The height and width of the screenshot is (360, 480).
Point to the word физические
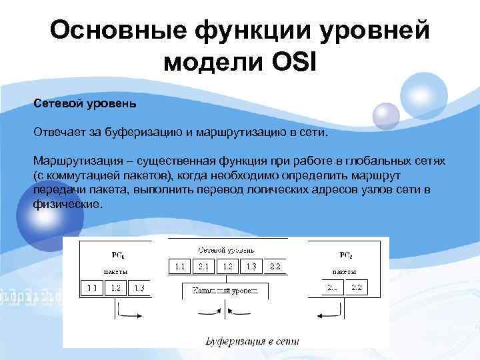pyautogui.click(x=67, y=204)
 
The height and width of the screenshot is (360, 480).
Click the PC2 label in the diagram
pyautogui.click(x=347, y=255)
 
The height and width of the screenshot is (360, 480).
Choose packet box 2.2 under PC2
pyautogui.click(x=356, y=288)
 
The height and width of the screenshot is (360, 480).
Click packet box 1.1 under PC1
pyautogui.click(x=91, y=288)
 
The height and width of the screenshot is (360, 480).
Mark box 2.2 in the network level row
pyautogui.click(x=275, y=266)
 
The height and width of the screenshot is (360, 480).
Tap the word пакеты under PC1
pyautogui.click(x=115, y=272)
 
